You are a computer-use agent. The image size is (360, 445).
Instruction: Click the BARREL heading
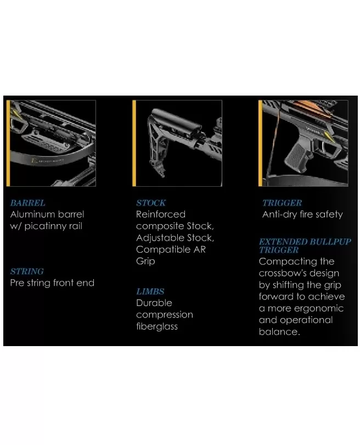[27, 203]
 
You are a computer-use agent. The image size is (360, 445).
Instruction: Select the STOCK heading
[151, 203]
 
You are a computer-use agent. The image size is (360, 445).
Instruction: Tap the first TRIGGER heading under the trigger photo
[282, 203]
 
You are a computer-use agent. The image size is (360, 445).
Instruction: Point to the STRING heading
[27, 271]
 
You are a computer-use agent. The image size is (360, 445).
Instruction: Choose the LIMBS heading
[150, 292]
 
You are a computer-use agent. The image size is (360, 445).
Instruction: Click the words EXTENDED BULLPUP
[305, 242]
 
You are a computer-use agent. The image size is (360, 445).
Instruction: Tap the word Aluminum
[32, 214]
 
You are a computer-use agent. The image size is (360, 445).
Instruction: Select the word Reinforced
[161, 214]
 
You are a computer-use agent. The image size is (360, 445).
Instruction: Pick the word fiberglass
[157, 326]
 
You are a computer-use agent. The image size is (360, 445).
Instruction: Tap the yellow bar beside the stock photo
[134, 143]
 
